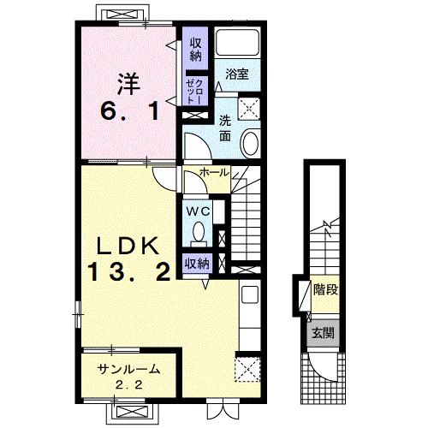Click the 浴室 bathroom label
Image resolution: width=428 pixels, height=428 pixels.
click(x=237, y=74)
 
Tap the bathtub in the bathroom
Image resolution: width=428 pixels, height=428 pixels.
click(x=237, y=42)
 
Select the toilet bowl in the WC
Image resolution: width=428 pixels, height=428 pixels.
click(x=199, y=231)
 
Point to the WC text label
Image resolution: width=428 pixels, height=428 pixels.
click(x=198, y=211)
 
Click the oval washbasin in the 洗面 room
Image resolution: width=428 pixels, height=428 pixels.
click(x=251, y=142)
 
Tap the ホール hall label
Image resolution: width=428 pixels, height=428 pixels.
click(x=215, y=172)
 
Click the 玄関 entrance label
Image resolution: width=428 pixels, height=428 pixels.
click(x=323, y=333)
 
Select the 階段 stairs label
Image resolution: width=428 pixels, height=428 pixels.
click(x=325, y=290)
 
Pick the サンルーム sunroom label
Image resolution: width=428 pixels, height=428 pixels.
click(x=128, y=370)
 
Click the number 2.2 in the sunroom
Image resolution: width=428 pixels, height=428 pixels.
click(x=128, y=385)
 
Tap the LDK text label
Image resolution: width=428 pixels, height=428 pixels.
click(x=128, y=247)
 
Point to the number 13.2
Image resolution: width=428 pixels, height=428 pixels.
click(x=129, y=272)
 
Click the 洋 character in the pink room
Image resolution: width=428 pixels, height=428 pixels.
click(x=128, y=84)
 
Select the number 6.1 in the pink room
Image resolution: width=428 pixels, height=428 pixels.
click(x=129, y=111)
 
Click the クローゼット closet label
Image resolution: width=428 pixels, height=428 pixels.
click(x=194, y=92)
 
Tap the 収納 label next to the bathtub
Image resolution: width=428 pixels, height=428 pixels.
click(x=195, y=51)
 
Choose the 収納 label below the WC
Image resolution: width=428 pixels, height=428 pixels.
click(x=197, y=264)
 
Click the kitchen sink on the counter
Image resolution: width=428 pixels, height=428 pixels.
click(x=250, y=294)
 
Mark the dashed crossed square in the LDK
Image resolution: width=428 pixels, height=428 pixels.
click(x=247, y=369)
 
